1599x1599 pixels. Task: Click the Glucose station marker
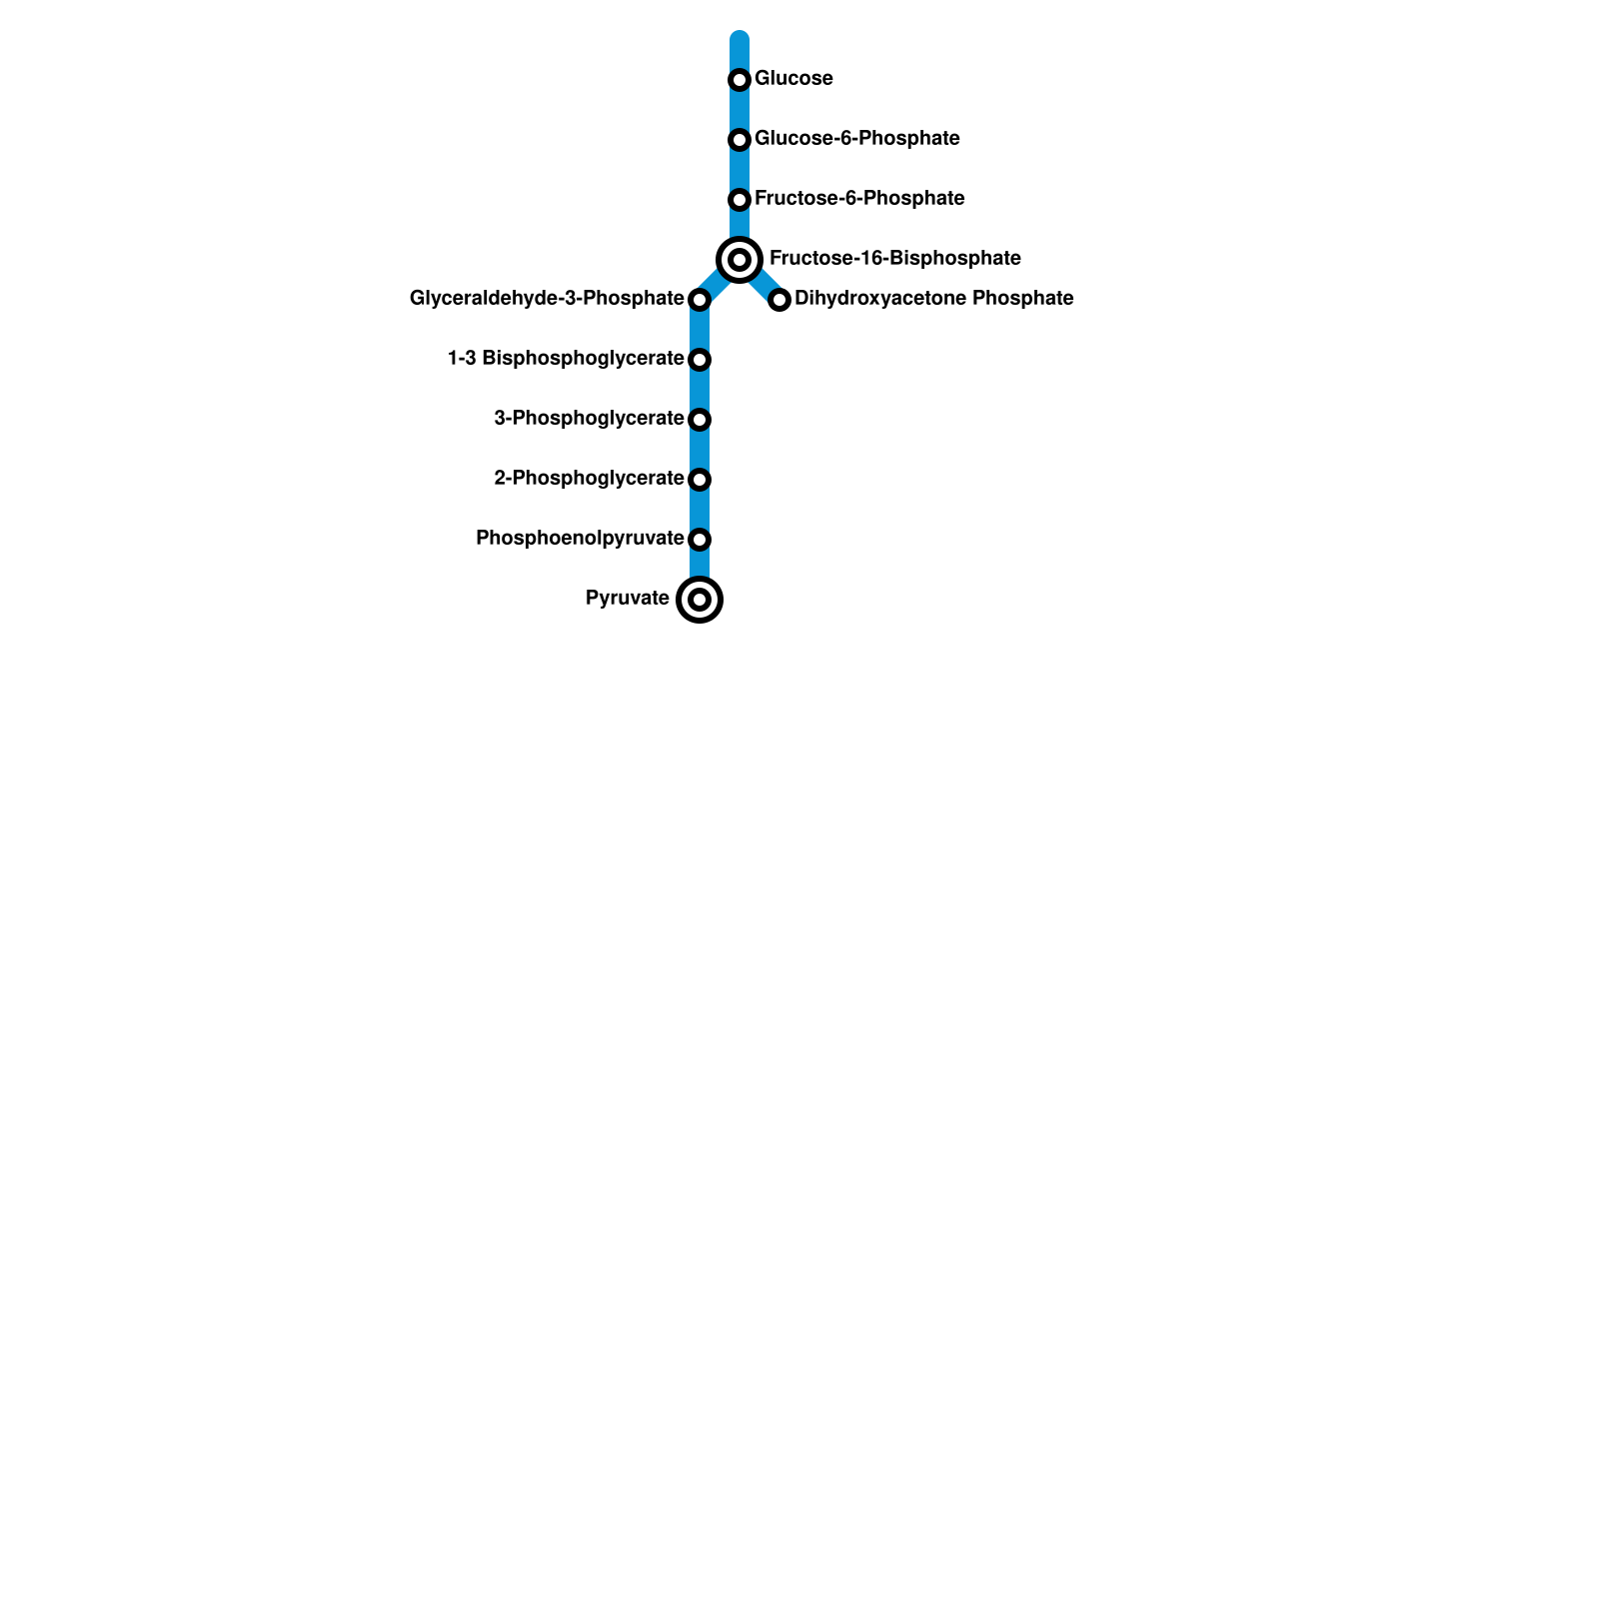point(740,80)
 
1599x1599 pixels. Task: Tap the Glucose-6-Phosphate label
point(856,139)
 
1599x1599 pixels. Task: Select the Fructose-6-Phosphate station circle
point(740,200)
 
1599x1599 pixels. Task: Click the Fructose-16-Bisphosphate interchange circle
point(740,260)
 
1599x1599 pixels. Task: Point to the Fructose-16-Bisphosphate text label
point(894,259)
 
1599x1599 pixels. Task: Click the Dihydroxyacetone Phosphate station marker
point(780,300)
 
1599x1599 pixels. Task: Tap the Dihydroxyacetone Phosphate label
point(933,299)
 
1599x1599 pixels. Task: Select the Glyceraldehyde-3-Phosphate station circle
point(700,300)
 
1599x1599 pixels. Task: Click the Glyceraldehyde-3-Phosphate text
point(547,299)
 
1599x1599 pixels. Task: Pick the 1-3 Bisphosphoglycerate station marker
point(700,360)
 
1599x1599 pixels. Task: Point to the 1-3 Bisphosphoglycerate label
point(566,359)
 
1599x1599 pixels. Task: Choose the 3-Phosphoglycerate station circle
point(700,420)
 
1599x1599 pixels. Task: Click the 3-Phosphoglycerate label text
point(589,419)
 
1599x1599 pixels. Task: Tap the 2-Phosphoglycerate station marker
point(700,480)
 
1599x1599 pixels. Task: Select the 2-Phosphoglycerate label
point(589,479)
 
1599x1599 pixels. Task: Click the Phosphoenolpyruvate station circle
point(700,540)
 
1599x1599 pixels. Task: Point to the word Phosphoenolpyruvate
point(580,539)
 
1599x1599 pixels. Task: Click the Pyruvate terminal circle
point(700,600)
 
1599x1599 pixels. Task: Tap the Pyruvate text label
point(627,599)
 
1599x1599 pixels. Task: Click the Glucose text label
point(794,79)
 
